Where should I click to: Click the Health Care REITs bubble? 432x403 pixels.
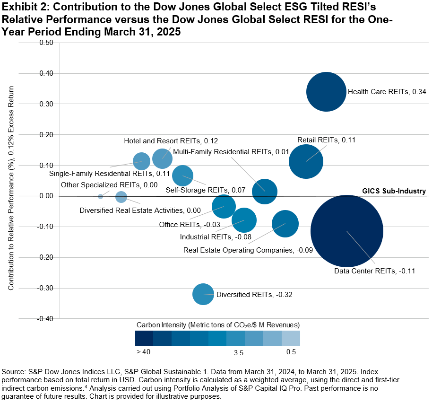pos(326,92)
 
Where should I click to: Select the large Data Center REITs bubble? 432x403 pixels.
pos(347,231)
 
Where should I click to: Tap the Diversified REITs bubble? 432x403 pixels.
pos(203,294)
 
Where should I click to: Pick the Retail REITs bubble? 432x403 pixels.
pos(306,161)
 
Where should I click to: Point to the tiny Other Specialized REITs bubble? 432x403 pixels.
pos(100,196)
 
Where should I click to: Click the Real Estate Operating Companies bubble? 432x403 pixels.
pos(285,224)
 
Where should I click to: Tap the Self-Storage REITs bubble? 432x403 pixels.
pos(182,175)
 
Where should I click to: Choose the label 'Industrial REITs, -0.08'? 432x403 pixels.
pos(216,237)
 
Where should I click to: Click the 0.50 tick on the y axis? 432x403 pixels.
pos(46,43)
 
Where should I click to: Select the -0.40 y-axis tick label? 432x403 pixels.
pos(45,318)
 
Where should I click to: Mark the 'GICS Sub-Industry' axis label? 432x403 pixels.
pos(394,191)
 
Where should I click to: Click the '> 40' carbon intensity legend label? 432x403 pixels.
pos(144,352)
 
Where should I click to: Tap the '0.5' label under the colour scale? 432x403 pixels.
pos(291,352)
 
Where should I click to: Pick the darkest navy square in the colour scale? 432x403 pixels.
pos(144,338)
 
